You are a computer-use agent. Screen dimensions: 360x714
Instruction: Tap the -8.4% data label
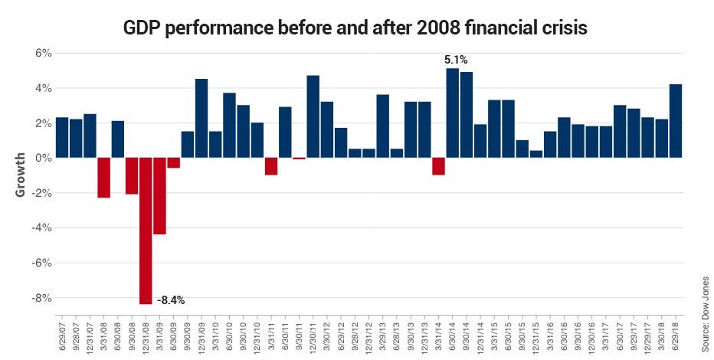coord(171,299)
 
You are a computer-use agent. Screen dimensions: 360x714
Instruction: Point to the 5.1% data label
coord(455,58)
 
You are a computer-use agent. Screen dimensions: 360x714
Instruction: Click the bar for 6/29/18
coord(675,121)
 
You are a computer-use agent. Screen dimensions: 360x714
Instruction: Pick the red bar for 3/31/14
coord(438,166)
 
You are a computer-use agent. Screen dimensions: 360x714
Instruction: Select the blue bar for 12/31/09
coord(201,118)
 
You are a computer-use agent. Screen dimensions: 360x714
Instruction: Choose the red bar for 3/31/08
coord(104,178)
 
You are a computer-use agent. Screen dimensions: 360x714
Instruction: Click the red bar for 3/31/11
coord(270,166)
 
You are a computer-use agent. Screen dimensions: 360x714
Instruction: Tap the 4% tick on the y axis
coord(41,88)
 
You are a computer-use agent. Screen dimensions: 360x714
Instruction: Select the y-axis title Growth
coord(21,174)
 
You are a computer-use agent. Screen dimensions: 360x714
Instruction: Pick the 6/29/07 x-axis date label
coord(63,335)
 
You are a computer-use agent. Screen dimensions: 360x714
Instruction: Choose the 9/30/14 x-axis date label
coord(467,335)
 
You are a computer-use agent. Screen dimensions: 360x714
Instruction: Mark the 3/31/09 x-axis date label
coord(160,335)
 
